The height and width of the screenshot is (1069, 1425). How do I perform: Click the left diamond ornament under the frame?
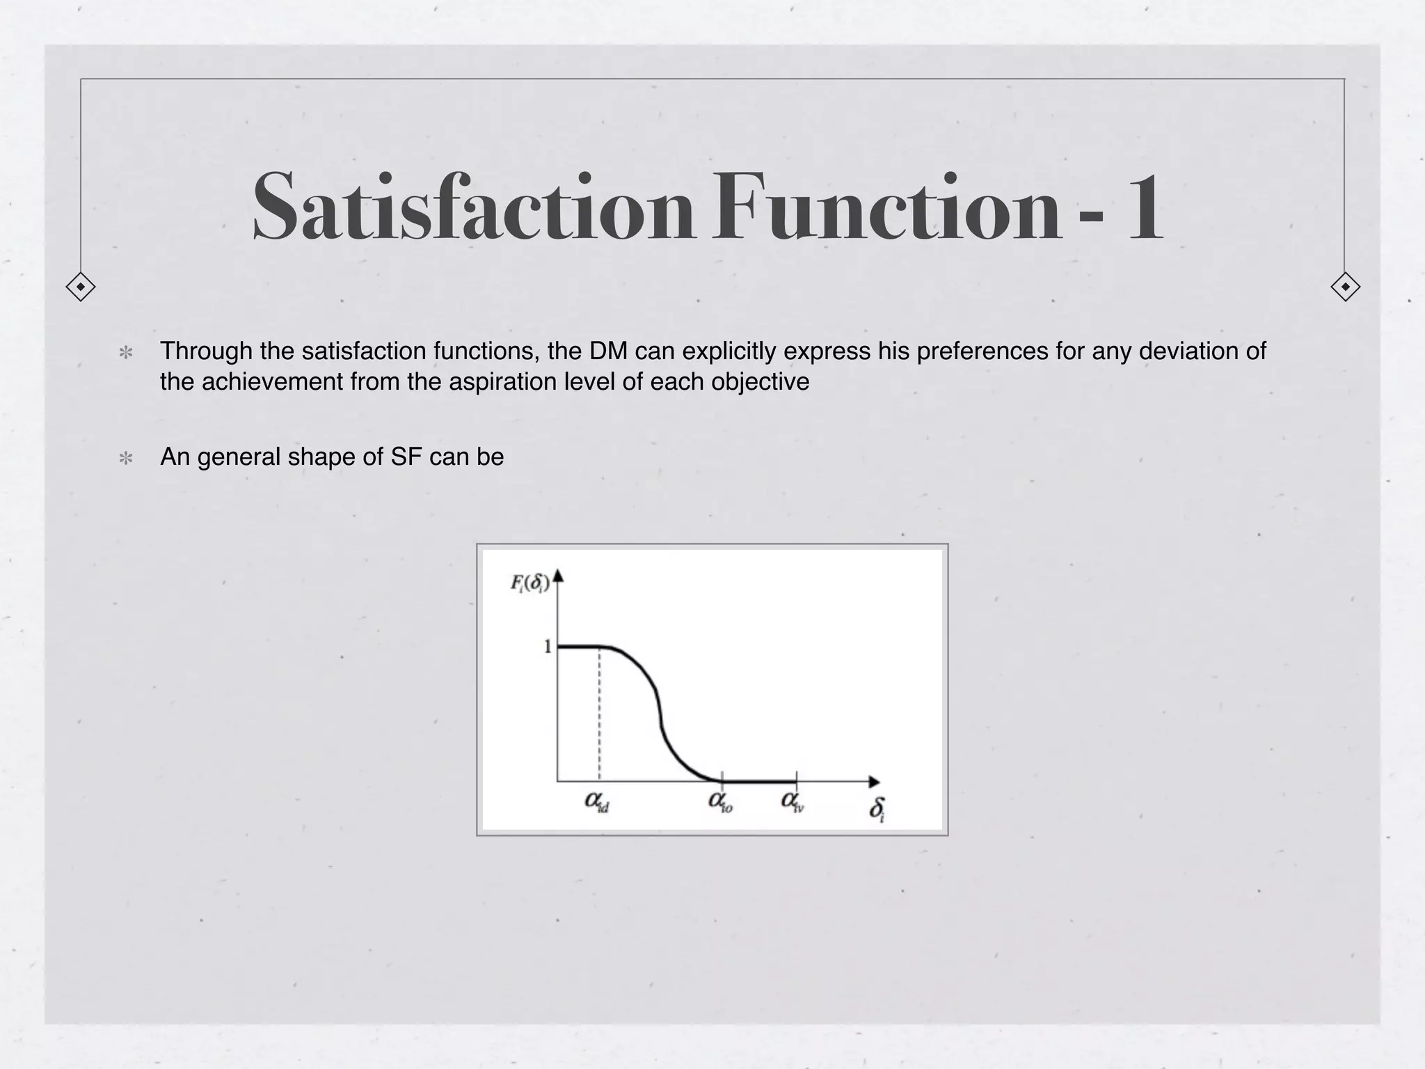coord(81,287)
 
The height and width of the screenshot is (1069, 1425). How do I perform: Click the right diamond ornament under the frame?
coord(1345,287)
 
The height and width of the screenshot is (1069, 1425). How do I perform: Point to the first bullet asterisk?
coord(126,353)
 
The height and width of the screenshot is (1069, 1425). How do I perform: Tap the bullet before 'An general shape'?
coord(126,459)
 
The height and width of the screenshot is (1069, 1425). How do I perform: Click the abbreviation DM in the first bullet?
coord(609,351)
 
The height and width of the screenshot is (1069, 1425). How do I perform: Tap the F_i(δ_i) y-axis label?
coord(530,583)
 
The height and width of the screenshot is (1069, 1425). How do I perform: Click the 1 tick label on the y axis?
coord(547,647)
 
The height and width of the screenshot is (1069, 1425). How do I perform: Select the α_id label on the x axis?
coord(597,802)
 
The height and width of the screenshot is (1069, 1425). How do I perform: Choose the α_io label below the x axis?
coord(720,802)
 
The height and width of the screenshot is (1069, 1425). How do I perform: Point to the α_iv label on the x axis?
coord(793,802)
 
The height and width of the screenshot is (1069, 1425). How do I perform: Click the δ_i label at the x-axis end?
coord(877,809)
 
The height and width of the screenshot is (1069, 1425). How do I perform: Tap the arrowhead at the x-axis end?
coord(874,782)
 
